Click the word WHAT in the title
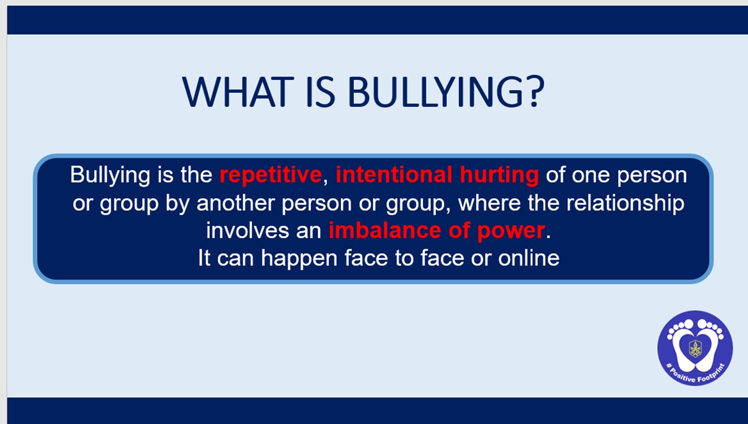tap(238, 91)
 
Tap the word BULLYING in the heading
tap(436, 91)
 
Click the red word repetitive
tap(271, 175)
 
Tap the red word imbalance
tap(385, 230)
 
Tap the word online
tap(529, 258)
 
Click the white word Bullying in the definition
tap(109, 175)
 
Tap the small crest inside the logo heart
tap(695, 348)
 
